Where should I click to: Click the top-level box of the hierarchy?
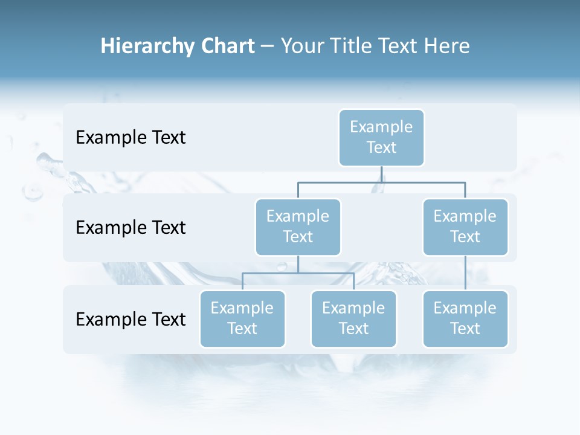[381, 138]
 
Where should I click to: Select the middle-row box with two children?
[298, 227]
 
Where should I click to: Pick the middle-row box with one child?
[465, 227]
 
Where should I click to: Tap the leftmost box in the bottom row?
[242, 319]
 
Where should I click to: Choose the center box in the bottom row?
[353, 319]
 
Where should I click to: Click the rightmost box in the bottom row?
[465, 319]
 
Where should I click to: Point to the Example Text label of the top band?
[130, 138]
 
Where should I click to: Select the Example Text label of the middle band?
[130, 228]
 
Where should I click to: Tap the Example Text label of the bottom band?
[130, 319]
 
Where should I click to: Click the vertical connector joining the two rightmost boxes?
[465, 273]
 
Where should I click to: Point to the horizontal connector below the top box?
[423, 182]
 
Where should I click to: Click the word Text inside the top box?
[381, 147]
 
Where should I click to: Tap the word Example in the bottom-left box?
[242, 308]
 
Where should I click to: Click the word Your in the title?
[302, 47]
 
